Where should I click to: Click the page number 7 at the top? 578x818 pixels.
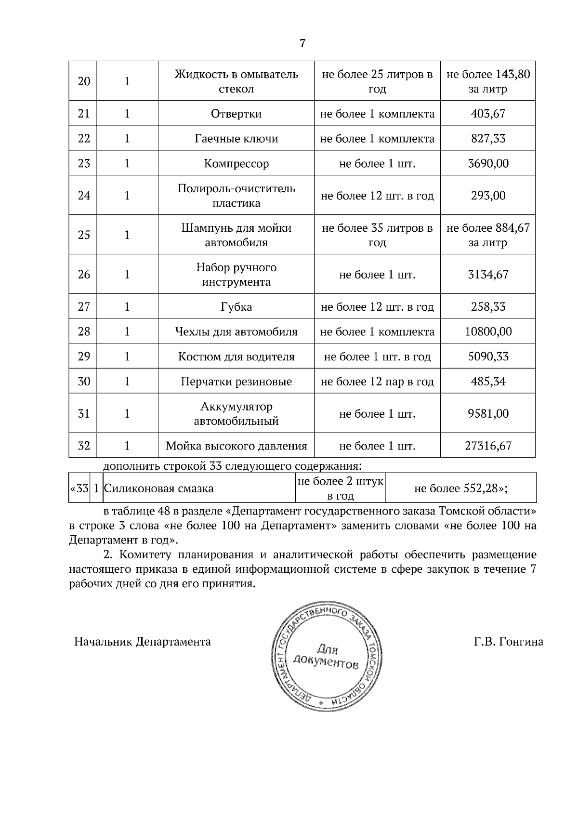click(x=302, y=43)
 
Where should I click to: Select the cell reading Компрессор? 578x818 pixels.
click(x=236, y=163)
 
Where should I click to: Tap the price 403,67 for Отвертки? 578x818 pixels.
click(x=487, y=114)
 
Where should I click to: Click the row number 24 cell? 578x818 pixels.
click(x=84, y=195)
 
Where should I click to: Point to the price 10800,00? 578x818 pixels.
click(x=487, y=331)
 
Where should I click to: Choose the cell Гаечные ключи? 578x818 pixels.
click(x=236, y=139)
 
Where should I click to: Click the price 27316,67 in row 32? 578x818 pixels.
click(x=487, y=446)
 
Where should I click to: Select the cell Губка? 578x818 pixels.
click(x=236, y=307)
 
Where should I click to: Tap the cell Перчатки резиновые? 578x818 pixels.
click(x=236, y=382)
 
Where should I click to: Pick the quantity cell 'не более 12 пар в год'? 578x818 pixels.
click(x=377, y=382)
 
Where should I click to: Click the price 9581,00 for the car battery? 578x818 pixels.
click(x=487, y=413)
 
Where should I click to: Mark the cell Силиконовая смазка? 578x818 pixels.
click(x=159, y=488)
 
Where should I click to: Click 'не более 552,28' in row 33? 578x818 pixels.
click(x=460, y=488)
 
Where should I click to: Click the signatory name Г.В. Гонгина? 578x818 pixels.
click(x=508, y=642)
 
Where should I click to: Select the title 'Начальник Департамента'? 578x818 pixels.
click(x=142, y=642)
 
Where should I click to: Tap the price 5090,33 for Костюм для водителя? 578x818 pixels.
click(x=487, y=356)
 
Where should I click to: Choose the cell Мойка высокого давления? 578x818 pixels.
click(x=236, y=446)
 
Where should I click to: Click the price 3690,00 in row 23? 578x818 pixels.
click(x=487, y=163)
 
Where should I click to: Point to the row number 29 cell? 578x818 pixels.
click(x=84, y=356)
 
